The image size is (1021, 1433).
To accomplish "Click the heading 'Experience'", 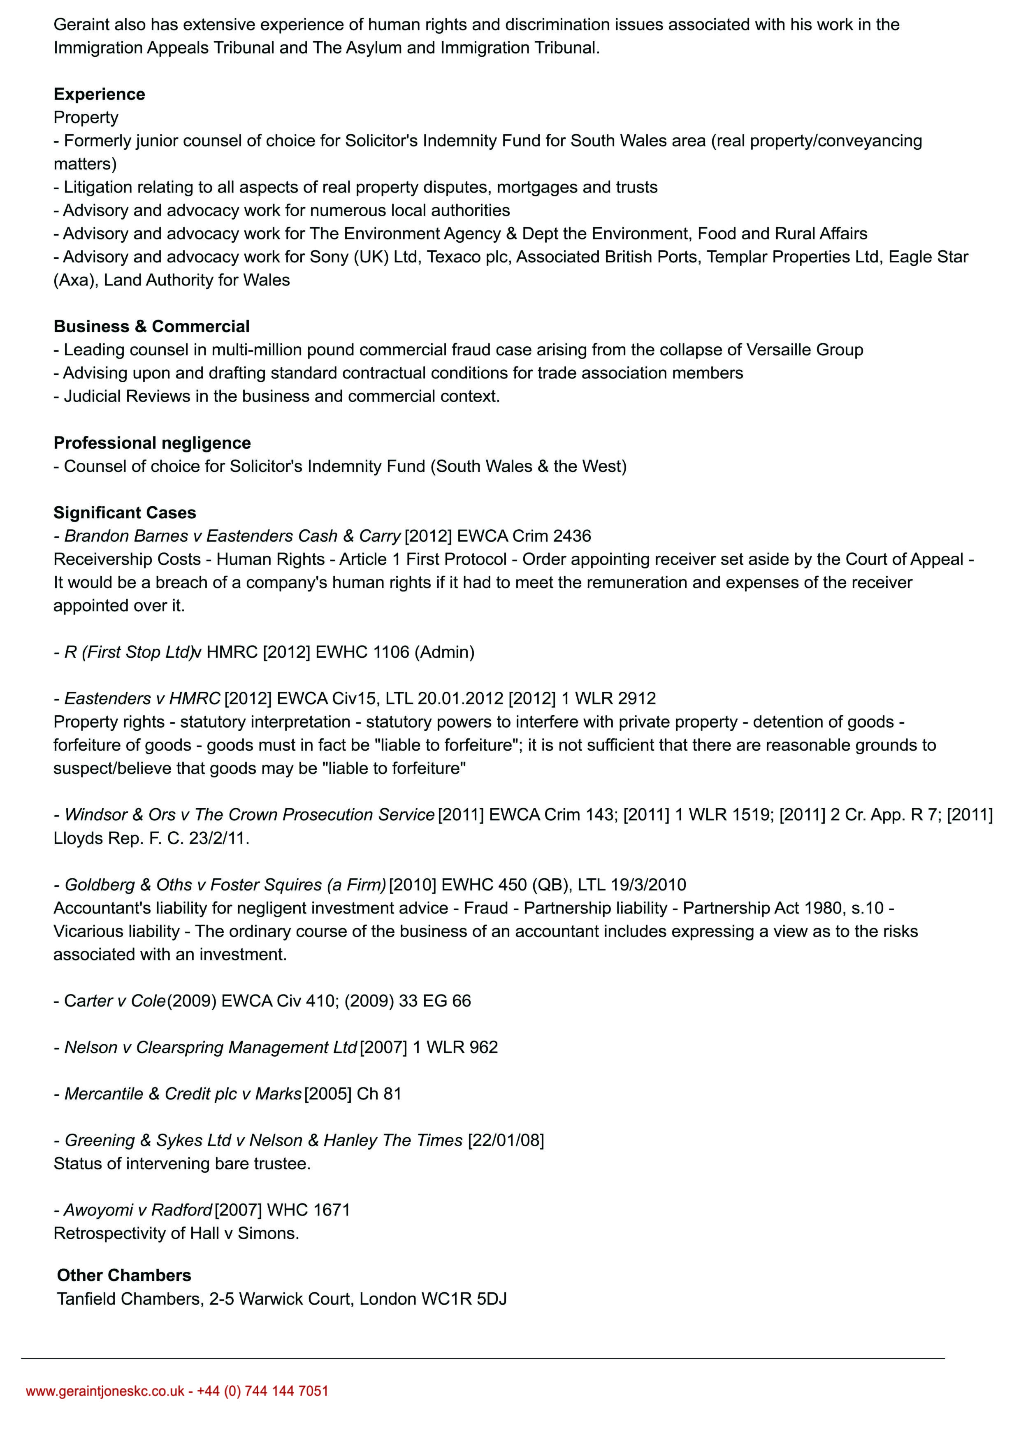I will pos(99,94).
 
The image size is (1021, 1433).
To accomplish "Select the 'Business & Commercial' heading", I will pos(151,327).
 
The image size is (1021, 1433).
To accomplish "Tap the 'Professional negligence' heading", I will pos(152,443).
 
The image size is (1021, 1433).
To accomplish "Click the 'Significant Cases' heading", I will pos(125,513).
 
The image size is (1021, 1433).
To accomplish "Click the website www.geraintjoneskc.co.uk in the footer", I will pos(105,1391).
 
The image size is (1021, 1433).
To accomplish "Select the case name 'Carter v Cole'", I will pos(115,1001).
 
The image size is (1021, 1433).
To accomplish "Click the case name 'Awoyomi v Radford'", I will pos(138,1210).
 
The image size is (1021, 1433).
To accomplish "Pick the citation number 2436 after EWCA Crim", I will pos(572,536).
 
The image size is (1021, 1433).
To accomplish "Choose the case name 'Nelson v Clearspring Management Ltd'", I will pos(211,1048).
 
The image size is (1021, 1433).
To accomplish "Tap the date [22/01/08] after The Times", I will pos(506,1141).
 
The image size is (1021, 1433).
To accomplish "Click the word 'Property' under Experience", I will pos(86,118).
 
